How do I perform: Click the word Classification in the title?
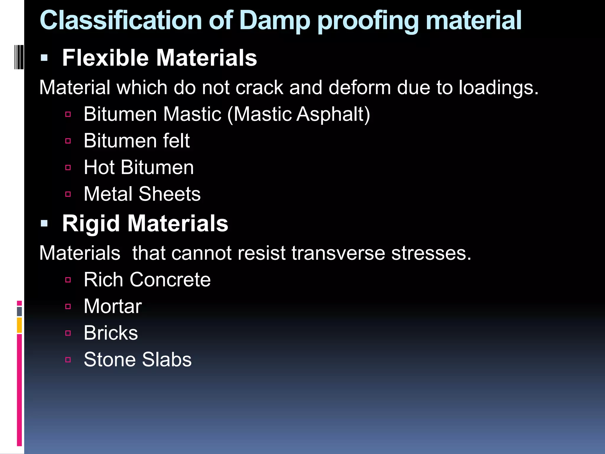[121, 21]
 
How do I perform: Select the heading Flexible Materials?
[160, 58]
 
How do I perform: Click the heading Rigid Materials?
[145, 223]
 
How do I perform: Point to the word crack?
[259, 88]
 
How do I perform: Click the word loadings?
[498, 88]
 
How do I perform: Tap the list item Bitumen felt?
[136, 141]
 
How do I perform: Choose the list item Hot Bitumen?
[139, 167]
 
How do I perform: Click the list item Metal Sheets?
[142, 194]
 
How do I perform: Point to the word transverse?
[338, 253]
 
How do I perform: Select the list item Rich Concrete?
[147, 280]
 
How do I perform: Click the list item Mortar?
[113, 306]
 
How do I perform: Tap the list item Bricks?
[111, 333]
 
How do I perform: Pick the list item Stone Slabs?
[138, 360]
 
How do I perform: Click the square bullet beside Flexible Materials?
[44, 58]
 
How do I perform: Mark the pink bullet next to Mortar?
[68, 307]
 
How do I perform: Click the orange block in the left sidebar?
[19, 325]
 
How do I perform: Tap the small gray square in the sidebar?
[19, 311]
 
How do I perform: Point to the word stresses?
[431, 253]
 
